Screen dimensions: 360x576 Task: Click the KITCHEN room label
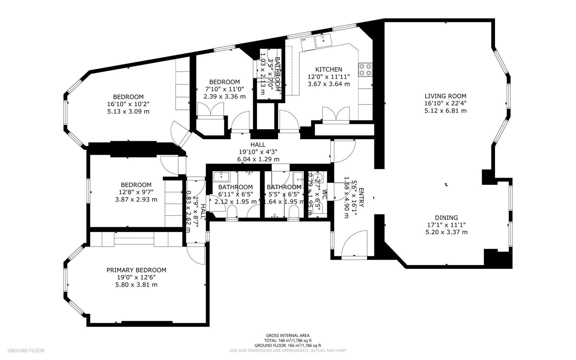(x=328, y=69)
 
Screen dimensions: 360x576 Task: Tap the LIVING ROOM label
(x=445, y=96)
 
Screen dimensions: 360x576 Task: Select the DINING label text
(x=446, y=218)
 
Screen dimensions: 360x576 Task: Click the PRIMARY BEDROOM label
(x=136, y=270)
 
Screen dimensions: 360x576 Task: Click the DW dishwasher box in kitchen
(x=303, y=40)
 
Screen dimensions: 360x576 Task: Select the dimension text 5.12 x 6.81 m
(x=445, y=111)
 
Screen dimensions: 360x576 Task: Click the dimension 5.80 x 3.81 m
(x=136, y=285)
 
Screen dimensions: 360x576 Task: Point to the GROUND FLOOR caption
(x=26, y=350)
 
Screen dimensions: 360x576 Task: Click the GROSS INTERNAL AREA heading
(x=288, y=336)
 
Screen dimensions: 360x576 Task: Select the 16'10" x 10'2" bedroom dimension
(x=128, y=104)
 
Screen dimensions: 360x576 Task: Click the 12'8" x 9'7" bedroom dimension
(x=136, y=192)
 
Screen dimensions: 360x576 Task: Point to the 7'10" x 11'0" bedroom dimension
(x=224, y=89)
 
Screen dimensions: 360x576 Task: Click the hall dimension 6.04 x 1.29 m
(x=258, y=159)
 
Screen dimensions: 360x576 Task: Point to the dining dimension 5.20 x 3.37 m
(x=446, y=232)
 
